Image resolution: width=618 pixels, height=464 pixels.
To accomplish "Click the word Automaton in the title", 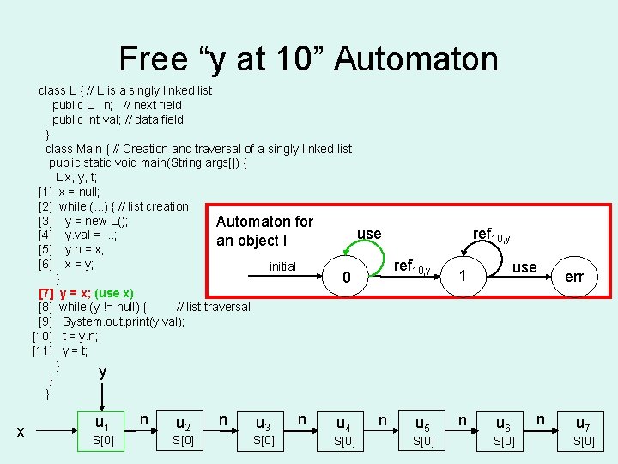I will click(415, 58).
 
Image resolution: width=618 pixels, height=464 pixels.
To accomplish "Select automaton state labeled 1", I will click(463, 277).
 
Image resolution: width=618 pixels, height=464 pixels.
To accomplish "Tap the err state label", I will click(574, 277).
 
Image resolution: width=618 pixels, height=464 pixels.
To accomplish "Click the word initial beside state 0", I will click(282, 266).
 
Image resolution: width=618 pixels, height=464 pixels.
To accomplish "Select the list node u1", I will click(102, 423).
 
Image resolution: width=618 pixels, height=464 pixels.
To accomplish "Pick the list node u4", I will click(343, 424).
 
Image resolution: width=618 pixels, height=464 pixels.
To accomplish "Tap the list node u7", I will click(583, 424).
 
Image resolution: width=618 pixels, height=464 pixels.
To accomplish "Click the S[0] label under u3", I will click(264, 441).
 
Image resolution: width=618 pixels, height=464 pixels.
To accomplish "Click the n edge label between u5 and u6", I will click(463, 419).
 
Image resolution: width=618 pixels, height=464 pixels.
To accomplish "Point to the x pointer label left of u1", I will click(21, 432).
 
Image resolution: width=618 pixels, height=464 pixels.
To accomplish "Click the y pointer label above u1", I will click(103, 371).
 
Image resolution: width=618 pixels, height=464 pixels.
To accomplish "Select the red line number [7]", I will click(46, 293).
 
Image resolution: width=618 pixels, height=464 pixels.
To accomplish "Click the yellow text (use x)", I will click(113, 293).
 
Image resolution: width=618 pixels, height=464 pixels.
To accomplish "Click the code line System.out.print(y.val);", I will click(123, 322).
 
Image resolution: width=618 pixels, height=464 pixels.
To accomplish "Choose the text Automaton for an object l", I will click(264, 231).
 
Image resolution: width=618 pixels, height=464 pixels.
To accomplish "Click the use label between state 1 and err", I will click(524, 267).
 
